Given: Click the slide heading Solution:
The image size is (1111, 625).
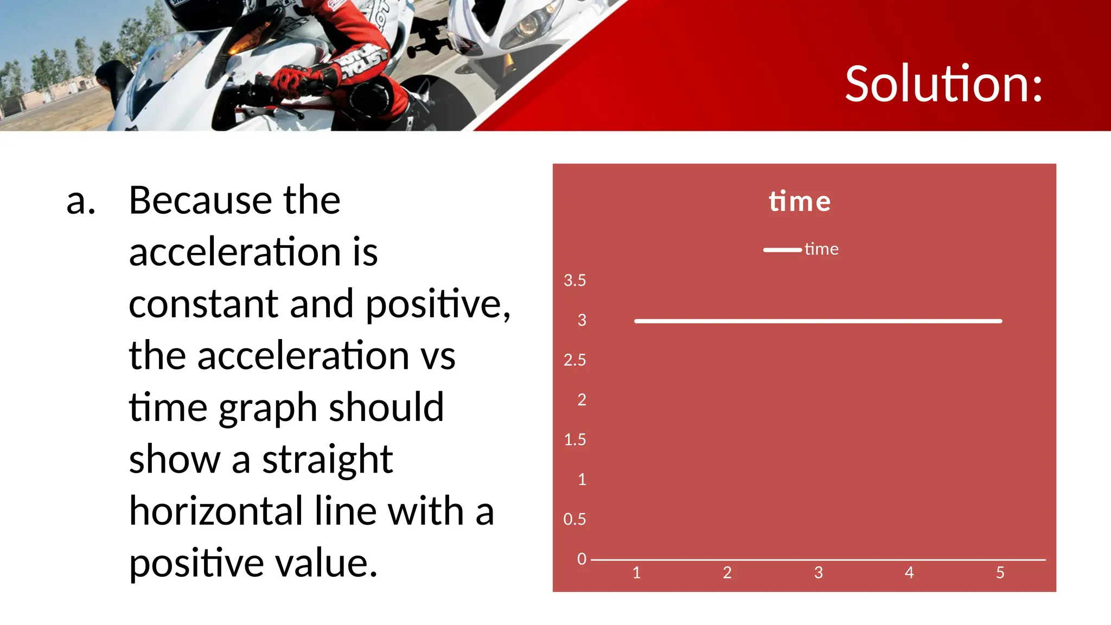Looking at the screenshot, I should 943,84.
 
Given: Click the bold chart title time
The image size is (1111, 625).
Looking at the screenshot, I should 800,201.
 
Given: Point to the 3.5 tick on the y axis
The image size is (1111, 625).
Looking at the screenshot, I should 574,280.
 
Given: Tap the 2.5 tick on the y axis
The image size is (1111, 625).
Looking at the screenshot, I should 574,360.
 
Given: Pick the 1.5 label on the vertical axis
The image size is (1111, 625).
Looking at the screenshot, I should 574,439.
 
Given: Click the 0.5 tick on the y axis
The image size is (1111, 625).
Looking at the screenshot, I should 574,519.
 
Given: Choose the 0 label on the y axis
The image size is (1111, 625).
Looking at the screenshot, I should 582,559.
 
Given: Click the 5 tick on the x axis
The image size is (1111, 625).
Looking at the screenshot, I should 1000,572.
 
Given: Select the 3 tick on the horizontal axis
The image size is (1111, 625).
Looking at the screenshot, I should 819,572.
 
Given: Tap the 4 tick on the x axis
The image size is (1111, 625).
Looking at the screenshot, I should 909,572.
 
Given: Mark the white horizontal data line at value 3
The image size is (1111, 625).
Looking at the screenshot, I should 818,321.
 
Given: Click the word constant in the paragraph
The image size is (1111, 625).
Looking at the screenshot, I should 203,304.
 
